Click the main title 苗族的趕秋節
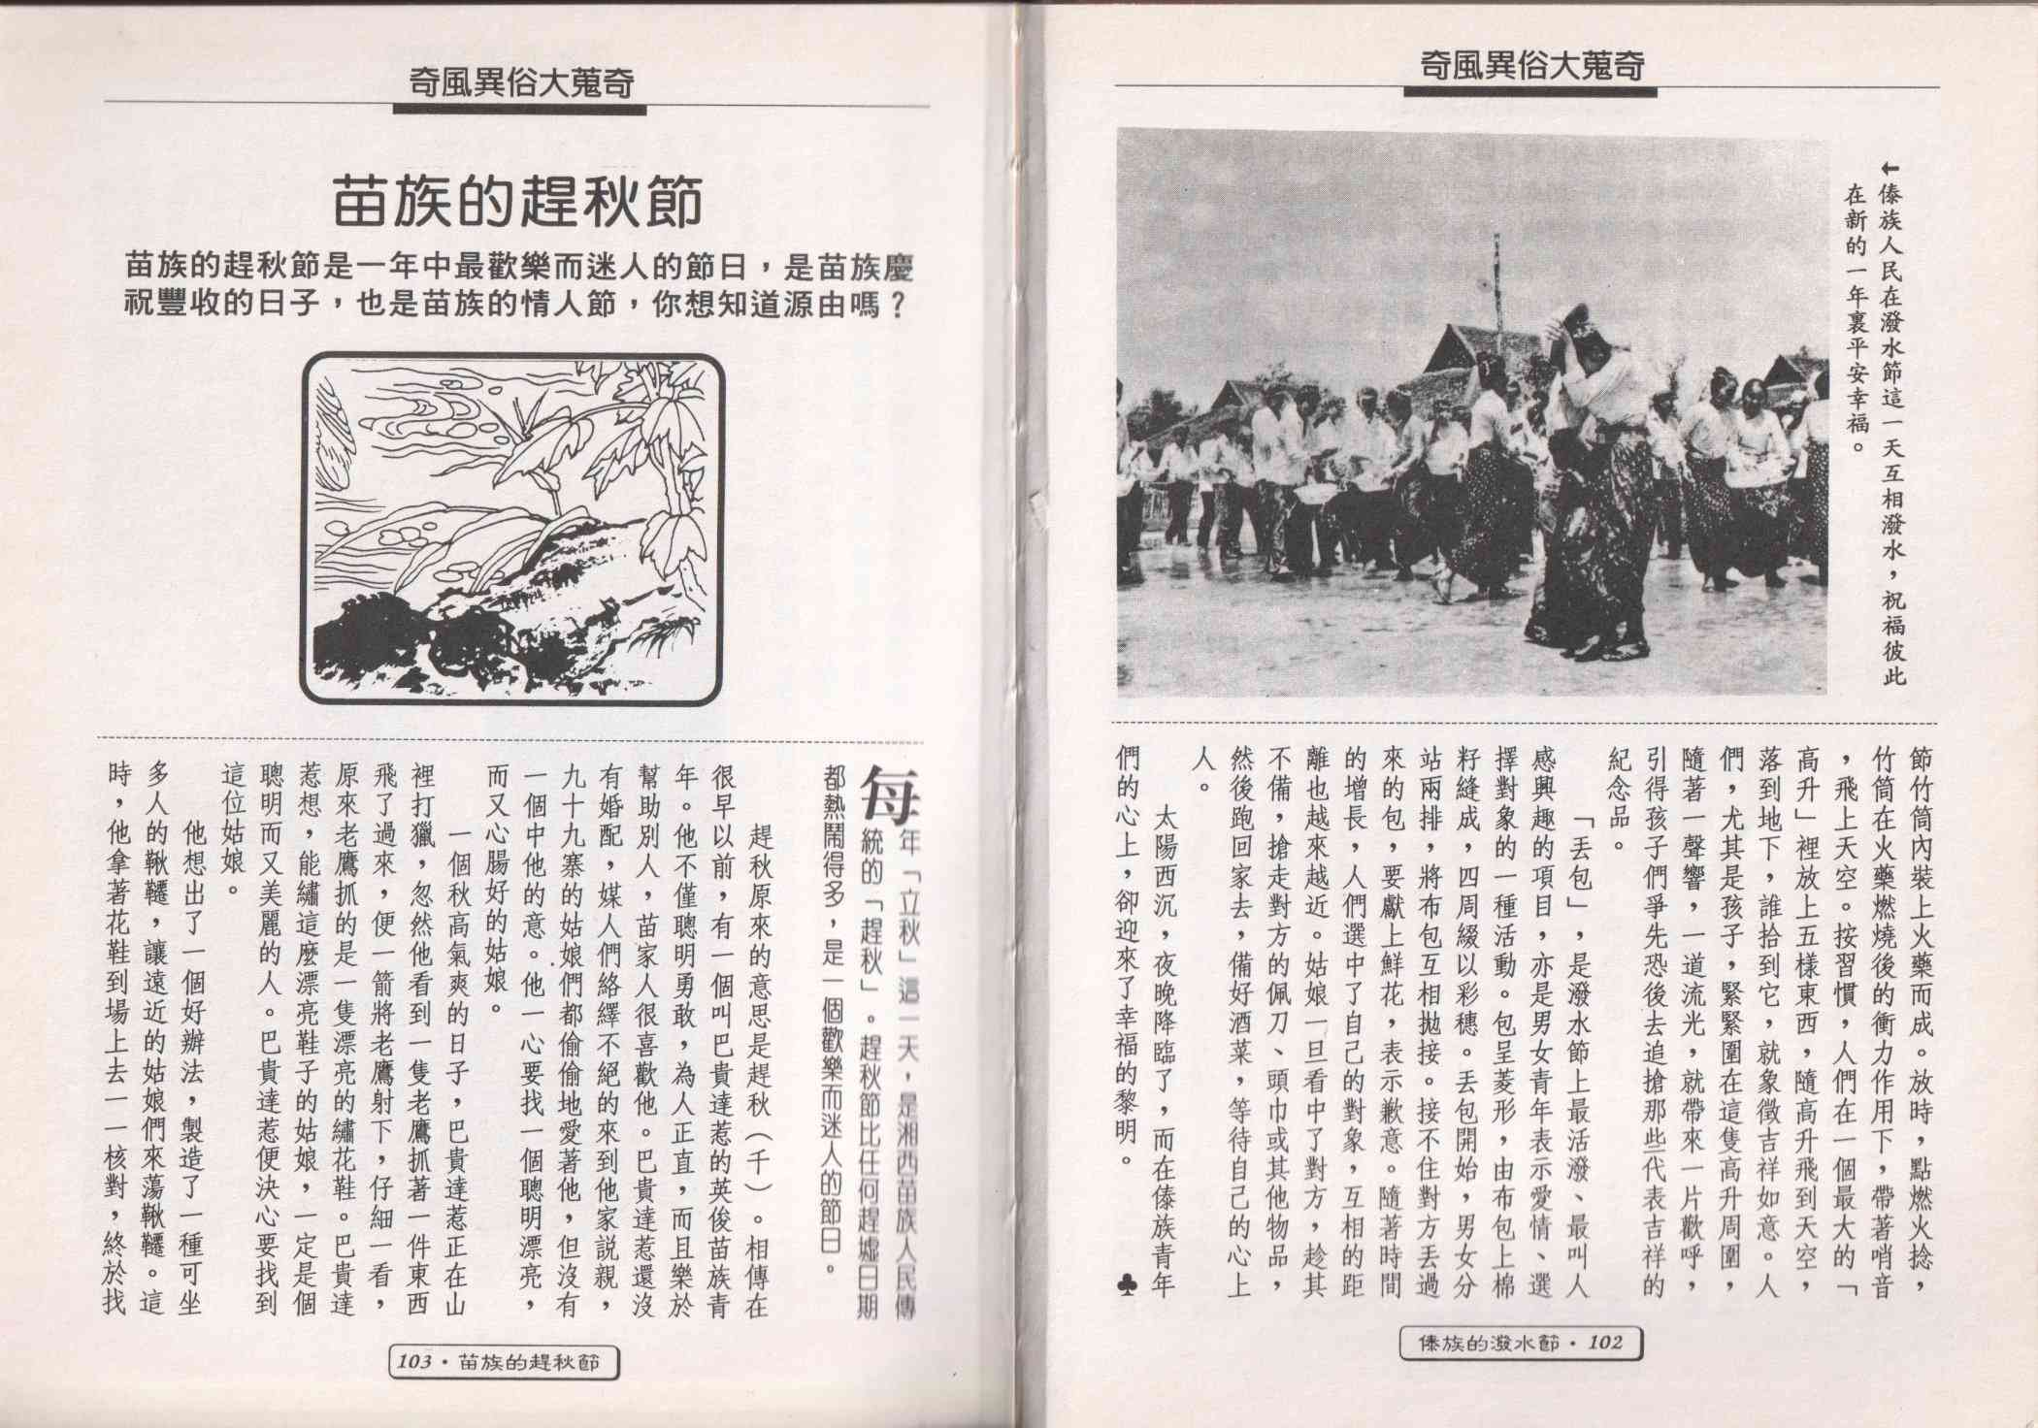click(517, 200)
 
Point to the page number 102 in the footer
click(1606, 1343)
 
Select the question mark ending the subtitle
click(899, 308)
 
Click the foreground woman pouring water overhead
click(1592, 485)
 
